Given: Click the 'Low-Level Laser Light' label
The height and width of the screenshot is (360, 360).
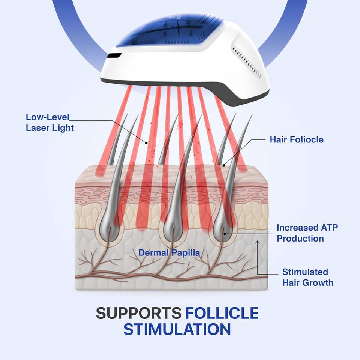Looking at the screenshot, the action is coord(50,122).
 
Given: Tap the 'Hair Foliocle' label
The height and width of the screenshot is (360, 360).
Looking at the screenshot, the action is coord(296,140).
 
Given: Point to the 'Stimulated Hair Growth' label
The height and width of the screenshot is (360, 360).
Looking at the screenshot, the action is coord(307,277).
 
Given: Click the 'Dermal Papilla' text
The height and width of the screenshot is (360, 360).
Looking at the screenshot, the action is coord(169,253).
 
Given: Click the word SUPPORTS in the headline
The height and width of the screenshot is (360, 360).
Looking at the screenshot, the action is coord(138,313).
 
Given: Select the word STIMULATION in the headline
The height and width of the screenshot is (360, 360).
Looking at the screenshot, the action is coord(177,329).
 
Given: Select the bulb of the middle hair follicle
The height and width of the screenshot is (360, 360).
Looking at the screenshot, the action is coord(173,227).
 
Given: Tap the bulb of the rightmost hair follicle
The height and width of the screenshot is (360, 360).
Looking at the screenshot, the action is coord(224,229).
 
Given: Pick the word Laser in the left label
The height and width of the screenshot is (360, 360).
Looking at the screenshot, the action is coord(38,127).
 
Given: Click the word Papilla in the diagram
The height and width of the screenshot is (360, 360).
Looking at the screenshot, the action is coord(186,253).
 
